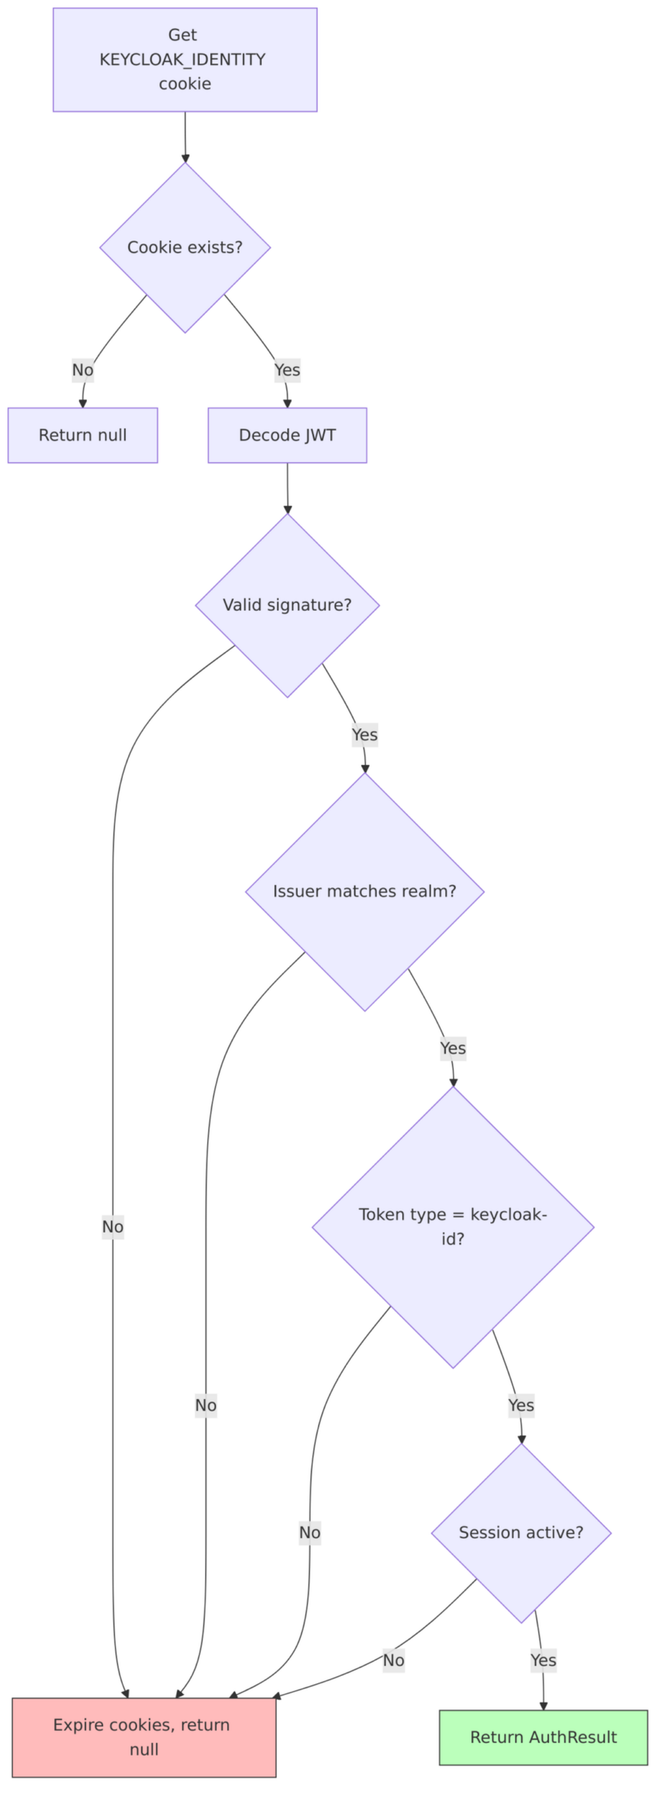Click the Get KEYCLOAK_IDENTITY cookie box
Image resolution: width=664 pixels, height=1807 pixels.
(185, 60)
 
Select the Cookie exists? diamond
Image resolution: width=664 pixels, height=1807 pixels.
(185, 248)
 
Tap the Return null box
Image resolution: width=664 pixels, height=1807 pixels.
(83, 436)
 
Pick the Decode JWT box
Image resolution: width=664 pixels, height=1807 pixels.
(287, 436)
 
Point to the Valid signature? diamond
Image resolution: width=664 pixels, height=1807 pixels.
(287, 605)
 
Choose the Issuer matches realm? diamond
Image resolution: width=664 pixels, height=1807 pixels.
(365, 892)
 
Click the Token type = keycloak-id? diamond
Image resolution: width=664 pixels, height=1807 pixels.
(453, 1227)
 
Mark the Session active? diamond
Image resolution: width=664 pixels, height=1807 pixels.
(521, 1532)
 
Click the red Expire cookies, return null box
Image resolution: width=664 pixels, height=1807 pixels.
(144, 1737)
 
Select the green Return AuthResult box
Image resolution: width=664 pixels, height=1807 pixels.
(543, 1737)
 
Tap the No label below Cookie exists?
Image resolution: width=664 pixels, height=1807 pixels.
(83, 370)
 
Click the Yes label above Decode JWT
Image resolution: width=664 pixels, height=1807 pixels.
(287, 370)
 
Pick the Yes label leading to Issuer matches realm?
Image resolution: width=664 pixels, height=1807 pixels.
(365, 735)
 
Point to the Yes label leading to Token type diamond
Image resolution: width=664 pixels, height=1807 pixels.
(453, 1048)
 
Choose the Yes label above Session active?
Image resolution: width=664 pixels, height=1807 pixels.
(521, 1405)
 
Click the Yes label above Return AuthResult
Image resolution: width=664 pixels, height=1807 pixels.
(543, 1660)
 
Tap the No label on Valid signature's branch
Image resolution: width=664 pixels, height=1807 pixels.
(113, 1227)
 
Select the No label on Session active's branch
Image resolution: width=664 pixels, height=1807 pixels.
(394, 1660)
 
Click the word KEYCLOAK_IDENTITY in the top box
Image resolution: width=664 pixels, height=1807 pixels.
(183, 60)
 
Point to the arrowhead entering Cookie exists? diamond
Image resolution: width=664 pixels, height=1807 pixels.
(186, 159)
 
